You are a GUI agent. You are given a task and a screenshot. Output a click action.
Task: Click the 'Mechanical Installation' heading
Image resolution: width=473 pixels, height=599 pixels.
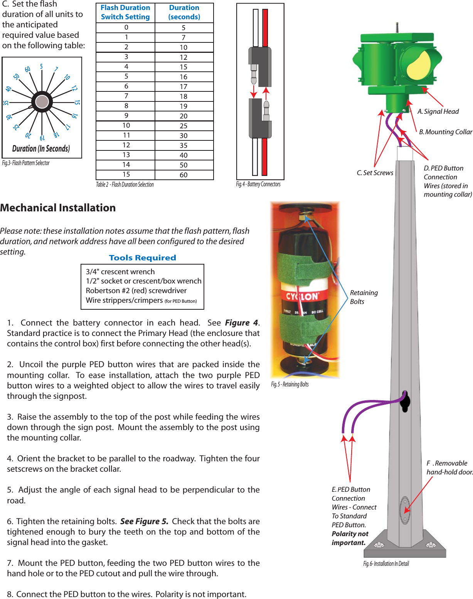(58, 208)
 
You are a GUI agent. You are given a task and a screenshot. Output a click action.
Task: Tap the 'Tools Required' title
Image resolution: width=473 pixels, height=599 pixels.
(142, 258)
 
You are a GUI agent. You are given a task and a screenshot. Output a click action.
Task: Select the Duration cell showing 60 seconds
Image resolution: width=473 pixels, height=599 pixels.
(183, 175)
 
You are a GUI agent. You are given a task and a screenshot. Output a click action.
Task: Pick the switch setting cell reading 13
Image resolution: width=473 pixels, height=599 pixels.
(126, 155)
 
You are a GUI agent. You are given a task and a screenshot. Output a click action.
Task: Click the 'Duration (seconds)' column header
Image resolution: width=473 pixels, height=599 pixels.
(184, 12)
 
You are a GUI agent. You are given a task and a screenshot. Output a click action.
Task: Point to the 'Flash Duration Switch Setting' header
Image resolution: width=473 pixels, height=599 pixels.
(125, 12)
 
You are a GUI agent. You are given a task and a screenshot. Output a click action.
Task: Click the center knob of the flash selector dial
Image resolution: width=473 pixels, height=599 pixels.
(42, 102)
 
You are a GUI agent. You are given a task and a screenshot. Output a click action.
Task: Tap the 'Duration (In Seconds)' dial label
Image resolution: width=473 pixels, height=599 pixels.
(41, 148)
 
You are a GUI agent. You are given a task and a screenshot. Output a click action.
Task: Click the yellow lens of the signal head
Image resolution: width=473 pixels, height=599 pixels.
(418, 64)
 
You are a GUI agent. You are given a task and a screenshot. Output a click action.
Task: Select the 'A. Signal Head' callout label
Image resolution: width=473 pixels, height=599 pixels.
(438, 111)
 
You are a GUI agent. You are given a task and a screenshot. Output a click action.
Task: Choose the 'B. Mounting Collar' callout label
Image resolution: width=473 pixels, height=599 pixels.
(446, 132)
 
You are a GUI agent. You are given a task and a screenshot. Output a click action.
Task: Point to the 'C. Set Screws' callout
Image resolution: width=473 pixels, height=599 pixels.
(375, 173)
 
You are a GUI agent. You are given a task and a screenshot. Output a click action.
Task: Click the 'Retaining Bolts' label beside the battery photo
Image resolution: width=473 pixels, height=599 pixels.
(364, 297)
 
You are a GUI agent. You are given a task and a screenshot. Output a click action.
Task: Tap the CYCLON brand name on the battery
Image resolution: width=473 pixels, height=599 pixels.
(302, 296)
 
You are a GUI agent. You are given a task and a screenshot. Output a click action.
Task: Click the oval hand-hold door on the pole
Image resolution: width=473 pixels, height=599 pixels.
(405, 510)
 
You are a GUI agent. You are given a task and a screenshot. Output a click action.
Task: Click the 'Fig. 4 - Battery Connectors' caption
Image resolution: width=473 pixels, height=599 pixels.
(258, 184)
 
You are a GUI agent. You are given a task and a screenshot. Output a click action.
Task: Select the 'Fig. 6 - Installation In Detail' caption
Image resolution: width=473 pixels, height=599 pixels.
(386, 564)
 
